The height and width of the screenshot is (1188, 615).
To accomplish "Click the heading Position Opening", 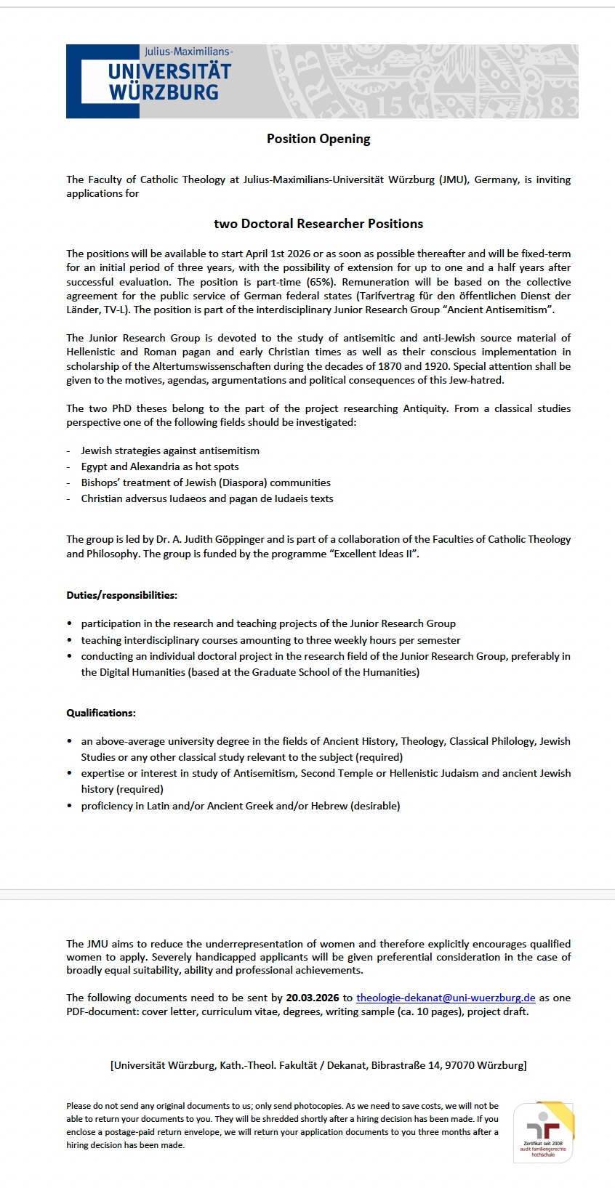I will [318, 139].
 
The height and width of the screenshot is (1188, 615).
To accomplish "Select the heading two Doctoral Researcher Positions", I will [318, 224].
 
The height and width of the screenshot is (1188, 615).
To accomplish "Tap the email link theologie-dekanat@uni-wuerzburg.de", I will [446, 998].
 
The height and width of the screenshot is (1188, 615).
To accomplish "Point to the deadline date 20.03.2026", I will [313, 998].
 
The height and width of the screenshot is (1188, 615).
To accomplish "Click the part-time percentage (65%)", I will [321, 282].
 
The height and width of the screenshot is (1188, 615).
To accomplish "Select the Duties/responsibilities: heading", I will [121, 595].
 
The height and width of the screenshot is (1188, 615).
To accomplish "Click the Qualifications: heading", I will [101, 713].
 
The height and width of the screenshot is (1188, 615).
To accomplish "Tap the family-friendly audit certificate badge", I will [543, 1132].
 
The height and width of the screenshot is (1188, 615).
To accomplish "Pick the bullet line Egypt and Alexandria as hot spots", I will [160, 466].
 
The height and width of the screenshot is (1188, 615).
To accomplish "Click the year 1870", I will [390, 366].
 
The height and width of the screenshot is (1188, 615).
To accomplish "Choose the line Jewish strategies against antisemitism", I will [170, 450].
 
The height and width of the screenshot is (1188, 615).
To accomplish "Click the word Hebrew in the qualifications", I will [329, 806].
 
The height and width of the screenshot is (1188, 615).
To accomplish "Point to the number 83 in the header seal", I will [564, 107].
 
